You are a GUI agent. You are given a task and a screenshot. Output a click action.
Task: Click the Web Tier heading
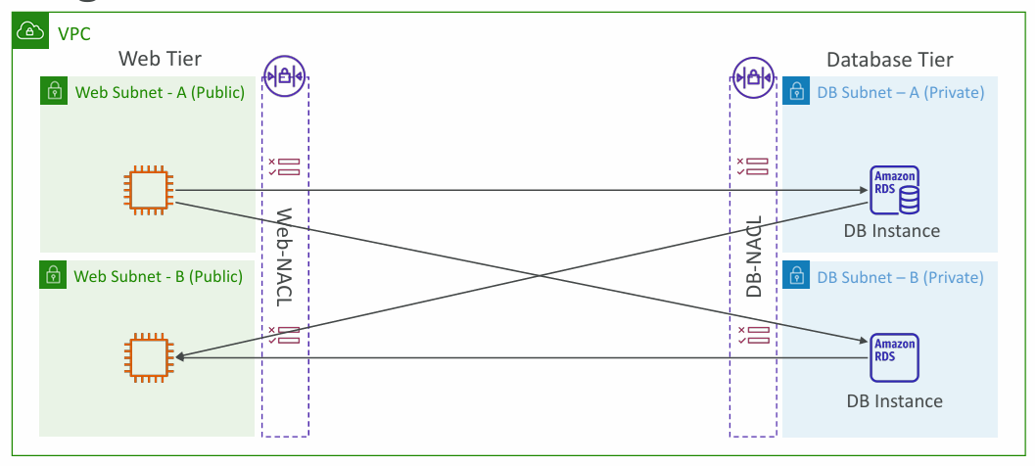pyautogui.click(x=161, y=59)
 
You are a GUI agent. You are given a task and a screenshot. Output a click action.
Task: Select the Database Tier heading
pyautogui.click(x=890, y=60)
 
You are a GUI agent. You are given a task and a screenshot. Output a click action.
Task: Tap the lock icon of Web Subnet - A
pyautogui.click(x=53, y=92)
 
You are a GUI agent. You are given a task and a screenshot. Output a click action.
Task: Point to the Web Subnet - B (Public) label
pyautogui.click(x=158, y=276)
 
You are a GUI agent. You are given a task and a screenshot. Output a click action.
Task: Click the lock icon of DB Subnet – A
pyautogui.click(x=795, y=92)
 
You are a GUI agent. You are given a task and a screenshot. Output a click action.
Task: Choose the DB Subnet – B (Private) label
pyautogui.click(x=900, y=277)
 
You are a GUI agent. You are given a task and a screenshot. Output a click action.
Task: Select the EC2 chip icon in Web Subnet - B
pyautogui.click(x=149, y=358)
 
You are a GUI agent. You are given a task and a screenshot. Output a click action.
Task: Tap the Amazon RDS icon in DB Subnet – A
pyautogui.click(x=895, y=191)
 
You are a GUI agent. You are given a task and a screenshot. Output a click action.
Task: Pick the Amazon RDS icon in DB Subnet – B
pyautogui.click(x=895, y=358)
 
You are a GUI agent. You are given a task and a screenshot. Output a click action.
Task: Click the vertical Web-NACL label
pyautogui.click(x=284, y=257)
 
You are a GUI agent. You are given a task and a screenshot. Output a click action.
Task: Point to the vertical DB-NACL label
pyautogui.click(x=754, y=256)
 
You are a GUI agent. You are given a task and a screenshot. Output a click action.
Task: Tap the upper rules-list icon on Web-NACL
pyautogui.click(x=283, y=166)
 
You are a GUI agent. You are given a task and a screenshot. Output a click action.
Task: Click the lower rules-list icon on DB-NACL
pyautogui.click(x=753, y=335)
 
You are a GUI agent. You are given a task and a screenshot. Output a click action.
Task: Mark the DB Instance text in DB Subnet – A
pyautogui.click(x=891, y=231)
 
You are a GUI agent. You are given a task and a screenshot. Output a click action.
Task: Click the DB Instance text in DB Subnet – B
pyautogui.click(x=894, y=400)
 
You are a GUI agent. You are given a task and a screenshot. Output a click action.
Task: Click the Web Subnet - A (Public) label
pyautogui.click(x=160, y=92)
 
